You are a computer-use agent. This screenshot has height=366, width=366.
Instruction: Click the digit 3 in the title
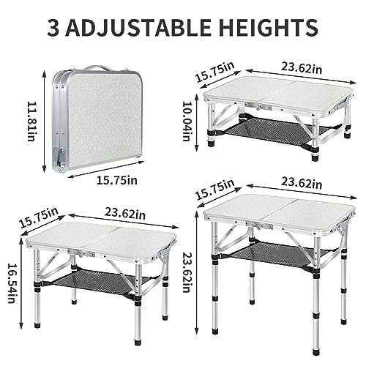point(56,27)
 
